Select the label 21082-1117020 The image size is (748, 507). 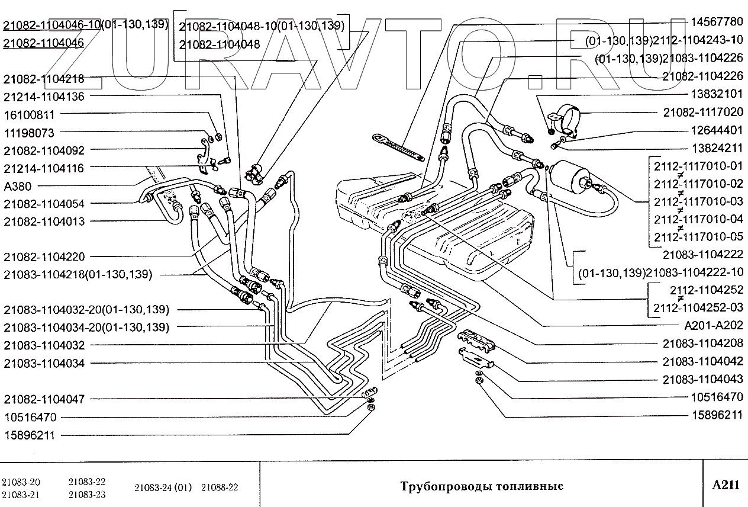click(702, 112)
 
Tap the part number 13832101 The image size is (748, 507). click(716, 94)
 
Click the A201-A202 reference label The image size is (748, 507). click(712, 326)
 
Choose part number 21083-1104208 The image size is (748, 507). click(702, 344)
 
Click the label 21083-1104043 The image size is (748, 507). click(702, 380)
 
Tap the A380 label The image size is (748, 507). click(18, 186)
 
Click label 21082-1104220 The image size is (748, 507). click(44, 257)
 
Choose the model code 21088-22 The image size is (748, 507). click(220, 487)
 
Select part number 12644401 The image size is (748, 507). click(716, 130)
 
